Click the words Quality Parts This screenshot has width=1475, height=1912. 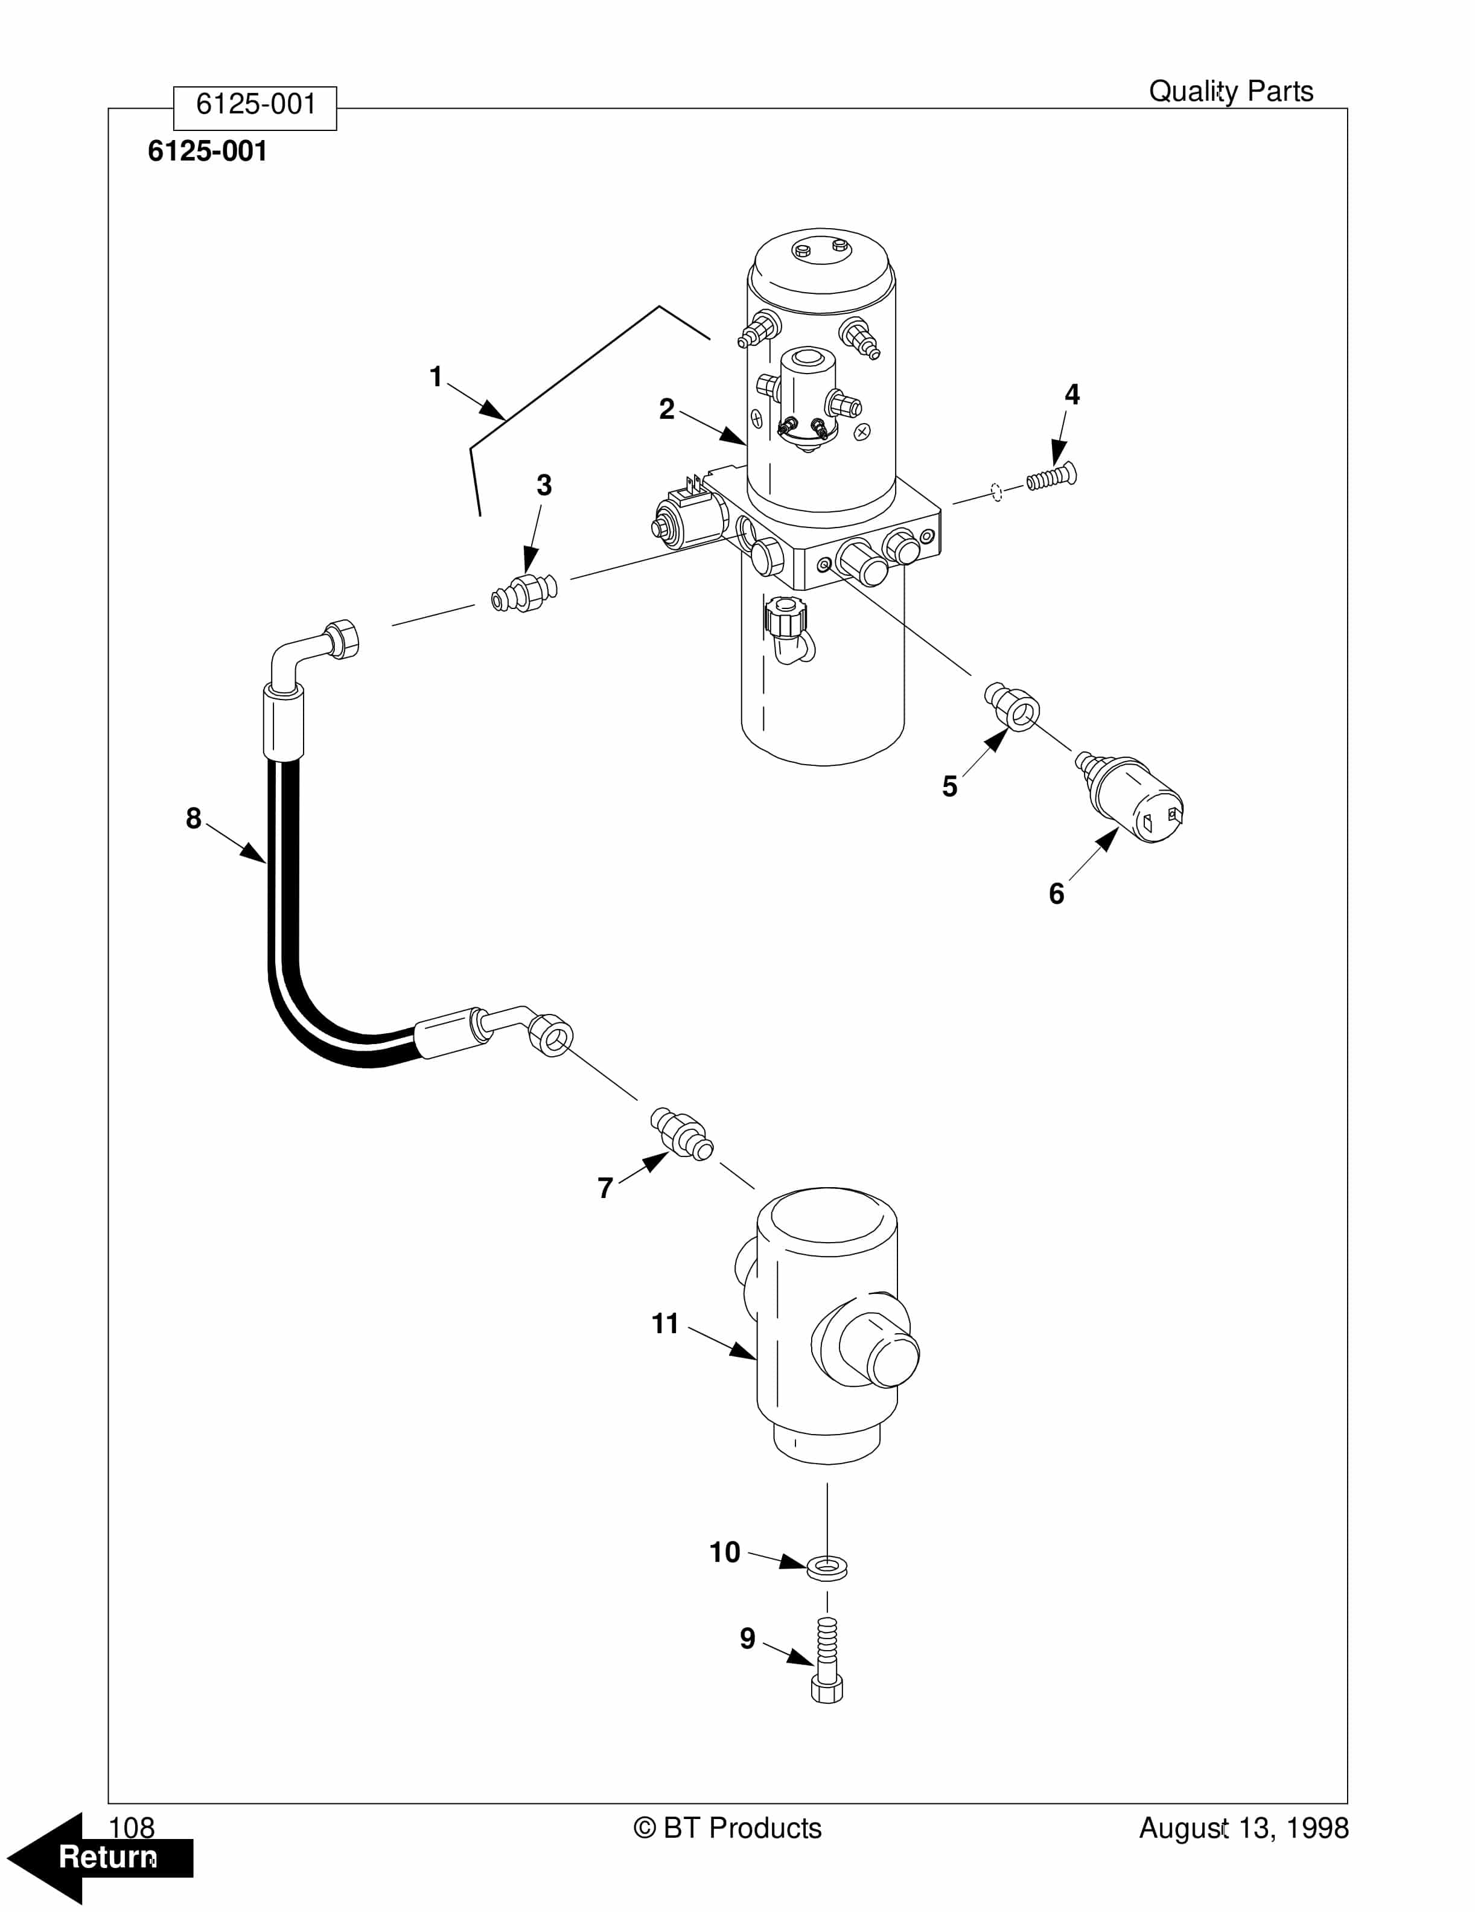click(x=1230, y=91)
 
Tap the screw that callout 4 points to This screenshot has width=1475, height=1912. click(x=1051, y=478)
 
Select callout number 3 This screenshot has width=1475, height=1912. click(x=544, y=485)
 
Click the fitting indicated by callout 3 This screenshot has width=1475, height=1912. click(x=523, y=593)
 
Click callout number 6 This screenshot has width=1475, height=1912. click(x=1057, y=893)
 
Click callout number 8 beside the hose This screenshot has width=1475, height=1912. click(x=194, y=818)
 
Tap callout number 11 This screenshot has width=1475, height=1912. click(x=665, y=1324)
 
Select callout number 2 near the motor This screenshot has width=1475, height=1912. click(x=667, y=409)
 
